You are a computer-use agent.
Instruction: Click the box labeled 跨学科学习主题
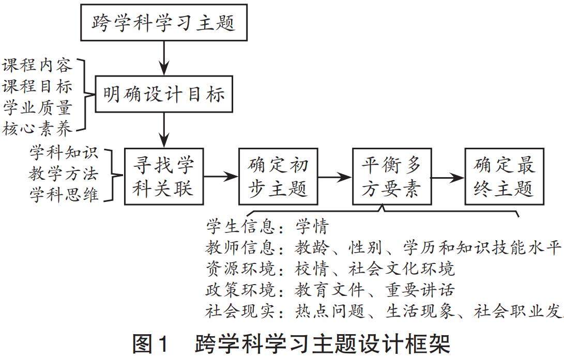[163, 22]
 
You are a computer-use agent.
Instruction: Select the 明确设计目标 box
[163, 94]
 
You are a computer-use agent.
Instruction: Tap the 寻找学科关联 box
[164, 177]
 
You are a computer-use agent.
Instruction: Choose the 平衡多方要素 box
[391, 177]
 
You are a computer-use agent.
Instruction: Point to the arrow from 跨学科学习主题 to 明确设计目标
[163, 58]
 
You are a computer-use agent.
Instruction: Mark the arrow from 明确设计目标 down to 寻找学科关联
[163, 130]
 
